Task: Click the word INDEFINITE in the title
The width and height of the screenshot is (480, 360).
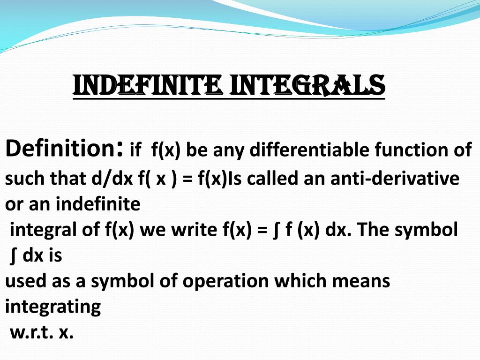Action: (147, 85)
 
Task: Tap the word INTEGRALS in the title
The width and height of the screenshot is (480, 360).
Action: (307, 85)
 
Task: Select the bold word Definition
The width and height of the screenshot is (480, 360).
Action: (65, 148)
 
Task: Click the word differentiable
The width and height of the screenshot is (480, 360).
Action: (310, 150)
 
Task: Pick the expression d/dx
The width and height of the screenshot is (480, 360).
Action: (112, 179)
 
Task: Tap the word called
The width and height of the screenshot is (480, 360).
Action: (272, 179)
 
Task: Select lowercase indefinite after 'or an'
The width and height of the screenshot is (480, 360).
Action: (98, 204)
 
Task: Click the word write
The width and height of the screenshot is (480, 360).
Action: (194, 230)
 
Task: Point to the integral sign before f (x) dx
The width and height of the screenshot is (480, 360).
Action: (276, 231)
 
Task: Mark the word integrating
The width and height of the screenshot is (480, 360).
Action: (53, 307)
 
